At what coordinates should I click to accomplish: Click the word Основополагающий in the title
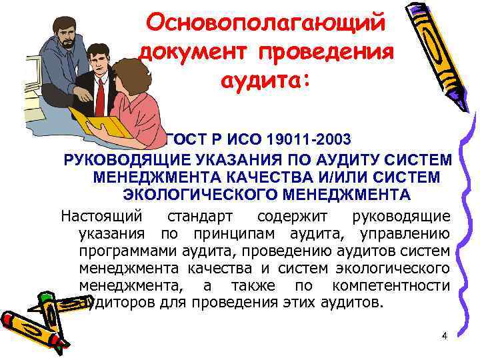coord(265,24)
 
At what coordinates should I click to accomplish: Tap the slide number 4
coord(444,335)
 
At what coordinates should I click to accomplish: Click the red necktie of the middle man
coord(100,97)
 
